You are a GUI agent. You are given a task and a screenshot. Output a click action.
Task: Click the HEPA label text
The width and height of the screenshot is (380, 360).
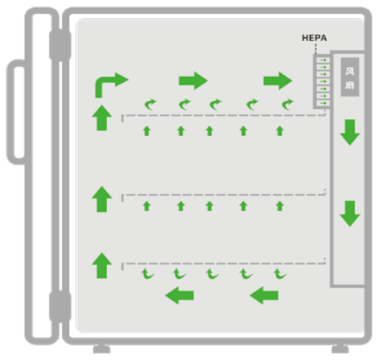pyautogui.click(x=314, y=38)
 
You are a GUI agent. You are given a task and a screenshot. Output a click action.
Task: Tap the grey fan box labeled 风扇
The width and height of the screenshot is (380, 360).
pyautogui.click(x=350, y=77)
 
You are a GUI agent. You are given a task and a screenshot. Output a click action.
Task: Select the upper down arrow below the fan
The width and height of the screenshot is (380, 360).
pyautogui.click(x=350, y=132)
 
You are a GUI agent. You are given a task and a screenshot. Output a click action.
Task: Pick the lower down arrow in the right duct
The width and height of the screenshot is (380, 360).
pyautogui.click(x=350, y=214)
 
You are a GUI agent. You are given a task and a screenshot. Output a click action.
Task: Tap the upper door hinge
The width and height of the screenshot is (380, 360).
pyautogui.click(x=60, y=45)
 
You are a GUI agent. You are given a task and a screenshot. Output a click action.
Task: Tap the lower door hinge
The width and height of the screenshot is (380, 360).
pyautogui.click(x=60, y=307)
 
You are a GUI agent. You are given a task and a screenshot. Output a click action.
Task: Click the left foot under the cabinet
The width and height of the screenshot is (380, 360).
pyautogui.click(x=101, y=349)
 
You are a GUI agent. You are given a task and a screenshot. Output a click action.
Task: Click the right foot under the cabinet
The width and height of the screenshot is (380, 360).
pyautogui.click(x=341, y=349)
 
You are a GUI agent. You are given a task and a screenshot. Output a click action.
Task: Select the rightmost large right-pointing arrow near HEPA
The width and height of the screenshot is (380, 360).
pyautogui.click(x=278, y=81)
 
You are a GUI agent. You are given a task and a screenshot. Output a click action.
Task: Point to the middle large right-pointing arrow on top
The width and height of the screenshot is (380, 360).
pyautogui.click(x=193, y=81)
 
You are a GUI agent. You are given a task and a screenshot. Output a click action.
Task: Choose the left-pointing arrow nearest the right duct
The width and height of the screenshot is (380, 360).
pyautogui.click(x=265, y=295)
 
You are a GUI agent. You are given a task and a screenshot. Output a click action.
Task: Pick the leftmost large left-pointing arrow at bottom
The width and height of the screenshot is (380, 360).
pyautogui.click(x=179, y=295)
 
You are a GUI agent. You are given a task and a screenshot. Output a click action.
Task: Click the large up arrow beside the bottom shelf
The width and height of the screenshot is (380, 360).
pyautogui.click(x=102, y=265)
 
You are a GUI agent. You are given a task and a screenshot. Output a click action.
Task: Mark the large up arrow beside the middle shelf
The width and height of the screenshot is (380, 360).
pyautogui.click(x=102, y=199)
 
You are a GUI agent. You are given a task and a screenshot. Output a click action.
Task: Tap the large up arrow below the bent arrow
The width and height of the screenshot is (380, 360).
pyautogui.click(x=102, y=117)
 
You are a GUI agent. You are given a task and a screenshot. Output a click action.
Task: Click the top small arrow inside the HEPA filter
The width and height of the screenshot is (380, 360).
pyautogui.click(x=324, y=60)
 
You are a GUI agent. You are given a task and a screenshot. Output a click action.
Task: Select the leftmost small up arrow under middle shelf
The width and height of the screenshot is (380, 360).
pyautogui.click(x=146, y=206)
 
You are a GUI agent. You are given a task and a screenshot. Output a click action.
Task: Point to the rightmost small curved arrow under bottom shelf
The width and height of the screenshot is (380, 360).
pyautogui.click(x=280, y=274)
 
